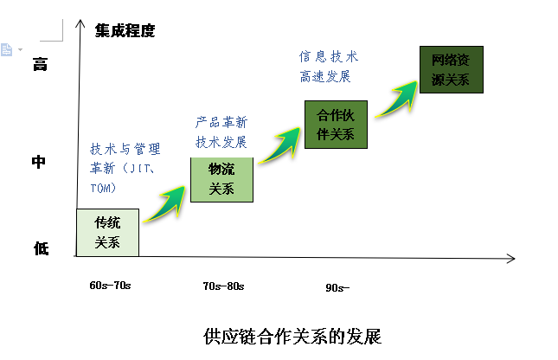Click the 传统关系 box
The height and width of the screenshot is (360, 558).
pos(107,232)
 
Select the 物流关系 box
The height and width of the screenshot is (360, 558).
pos(222,179)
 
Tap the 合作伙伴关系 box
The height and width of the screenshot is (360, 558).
pos(336,124)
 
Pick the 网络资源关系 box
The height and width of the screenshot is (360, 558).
pos(451,70)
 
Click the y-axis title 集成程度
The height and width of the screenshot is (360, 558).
pos(125,31)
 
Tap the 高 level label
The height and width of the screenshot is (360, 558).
pos(39,64)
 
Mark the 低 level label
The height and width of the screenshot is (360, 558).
pos(41,249)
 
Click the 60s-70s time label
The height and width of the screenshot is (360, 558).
pos(110,285)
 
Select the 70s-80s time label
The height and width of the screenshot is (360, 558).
pos(223,286)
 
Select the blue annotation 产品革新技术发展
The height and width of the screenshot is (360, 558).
pos(221,132)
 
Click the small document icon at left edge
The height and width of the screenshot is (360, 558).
pos(7,49)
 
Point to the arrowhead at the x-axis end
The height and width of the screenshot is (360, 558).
pos(511,258)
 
